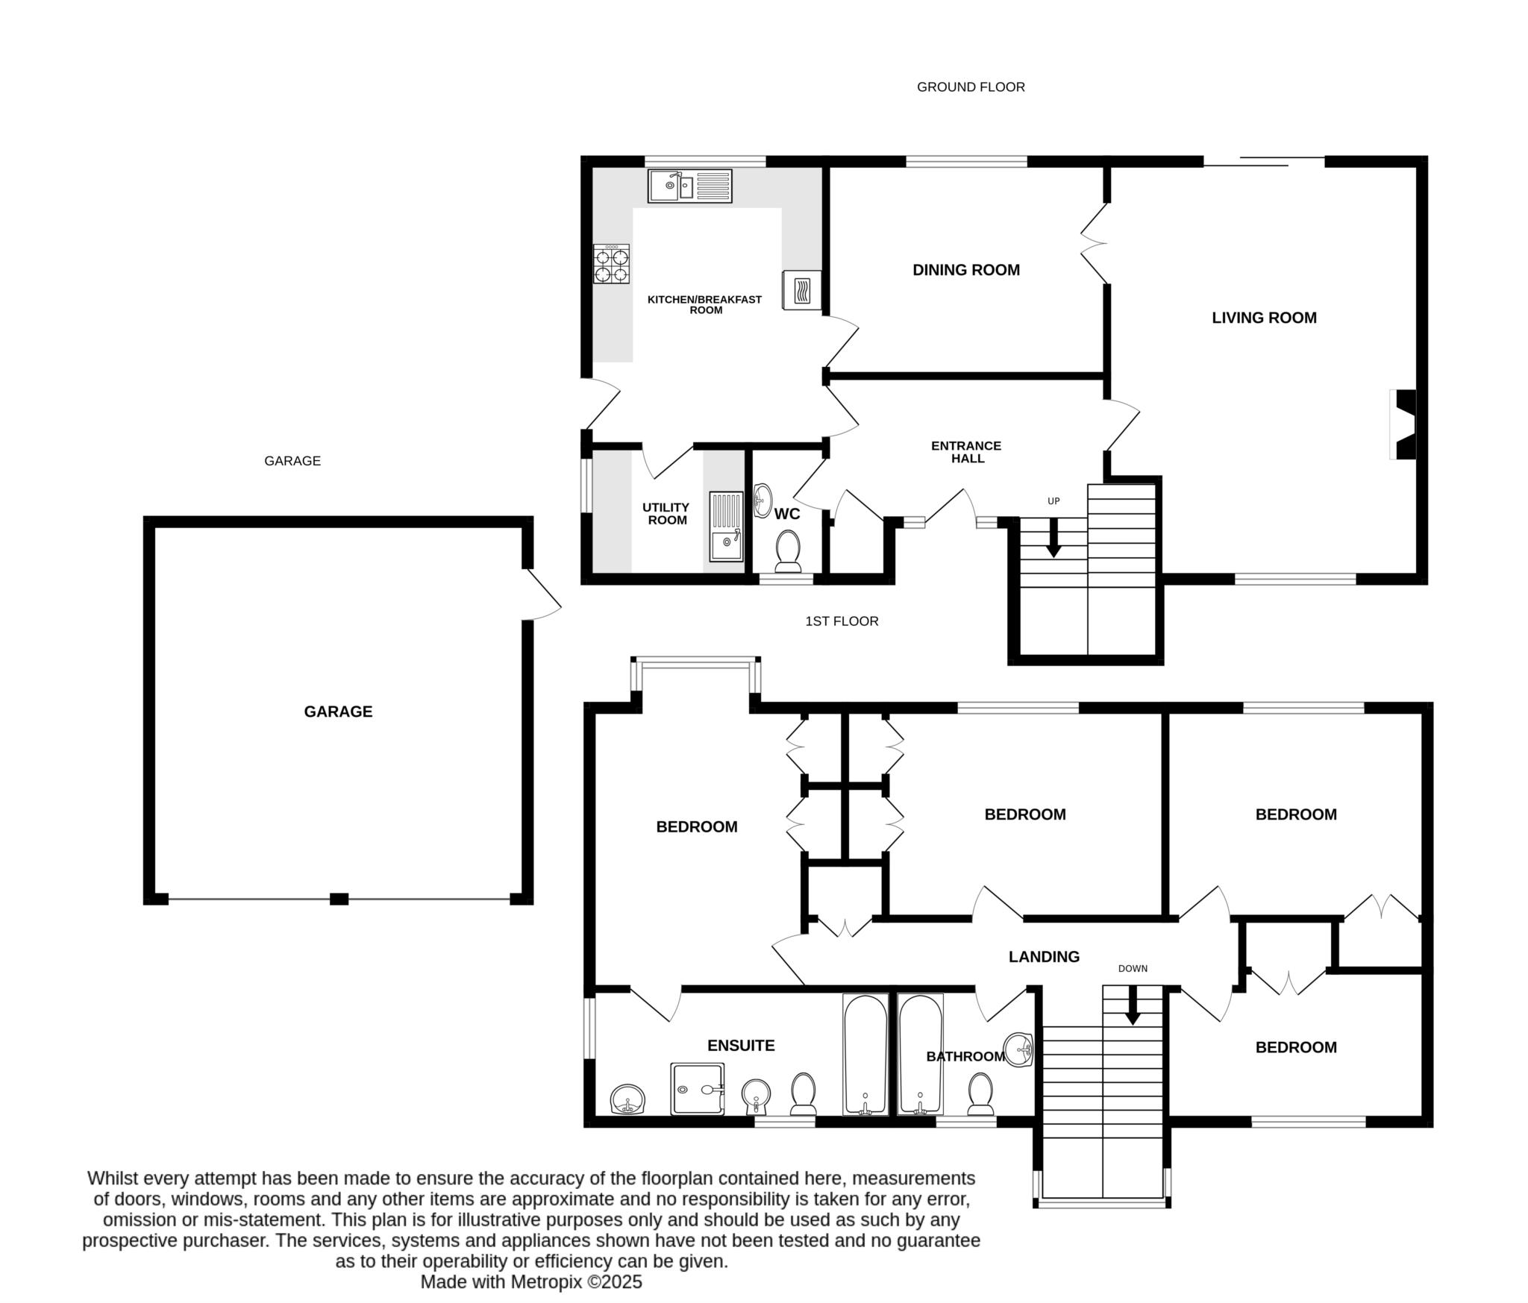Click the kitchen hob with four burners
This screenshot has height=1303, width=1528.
click(x=611, y=264)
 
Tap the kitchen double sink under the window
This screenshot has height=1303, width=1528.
click(x=690, y=186)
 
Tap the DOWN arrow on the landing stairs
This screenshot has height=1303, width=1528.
click(x=1133, y=1007)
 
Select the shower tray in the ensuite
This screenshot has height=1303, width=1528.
click(x=697, y=1089)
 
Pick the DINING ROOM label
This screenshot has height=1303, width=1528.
click(x=965, y=270)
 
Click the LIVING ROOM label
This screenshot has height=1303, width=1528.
click(x=1264, y=318)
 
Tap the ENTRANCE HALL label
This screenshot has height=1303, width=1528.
click(x=966, y=452)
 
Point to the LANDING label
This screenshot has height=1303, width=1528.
click(x=1044, y=957)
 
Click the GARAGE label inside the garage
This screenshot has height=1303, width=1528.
click(x=338, y=712)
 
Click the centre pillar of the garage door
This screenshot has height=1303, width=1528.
click(x=339, y=899)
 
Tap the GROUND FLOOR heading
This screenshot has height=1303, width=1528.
click(x=970, y=87)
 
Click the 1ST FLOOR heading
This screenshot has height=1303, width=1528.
click(x=842, y=621)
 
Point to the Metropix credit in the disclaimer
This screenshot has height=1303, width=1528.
click(x=530, y=1282)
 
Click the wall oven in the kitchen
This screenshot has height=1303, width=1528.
click(x=801, y=290)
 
